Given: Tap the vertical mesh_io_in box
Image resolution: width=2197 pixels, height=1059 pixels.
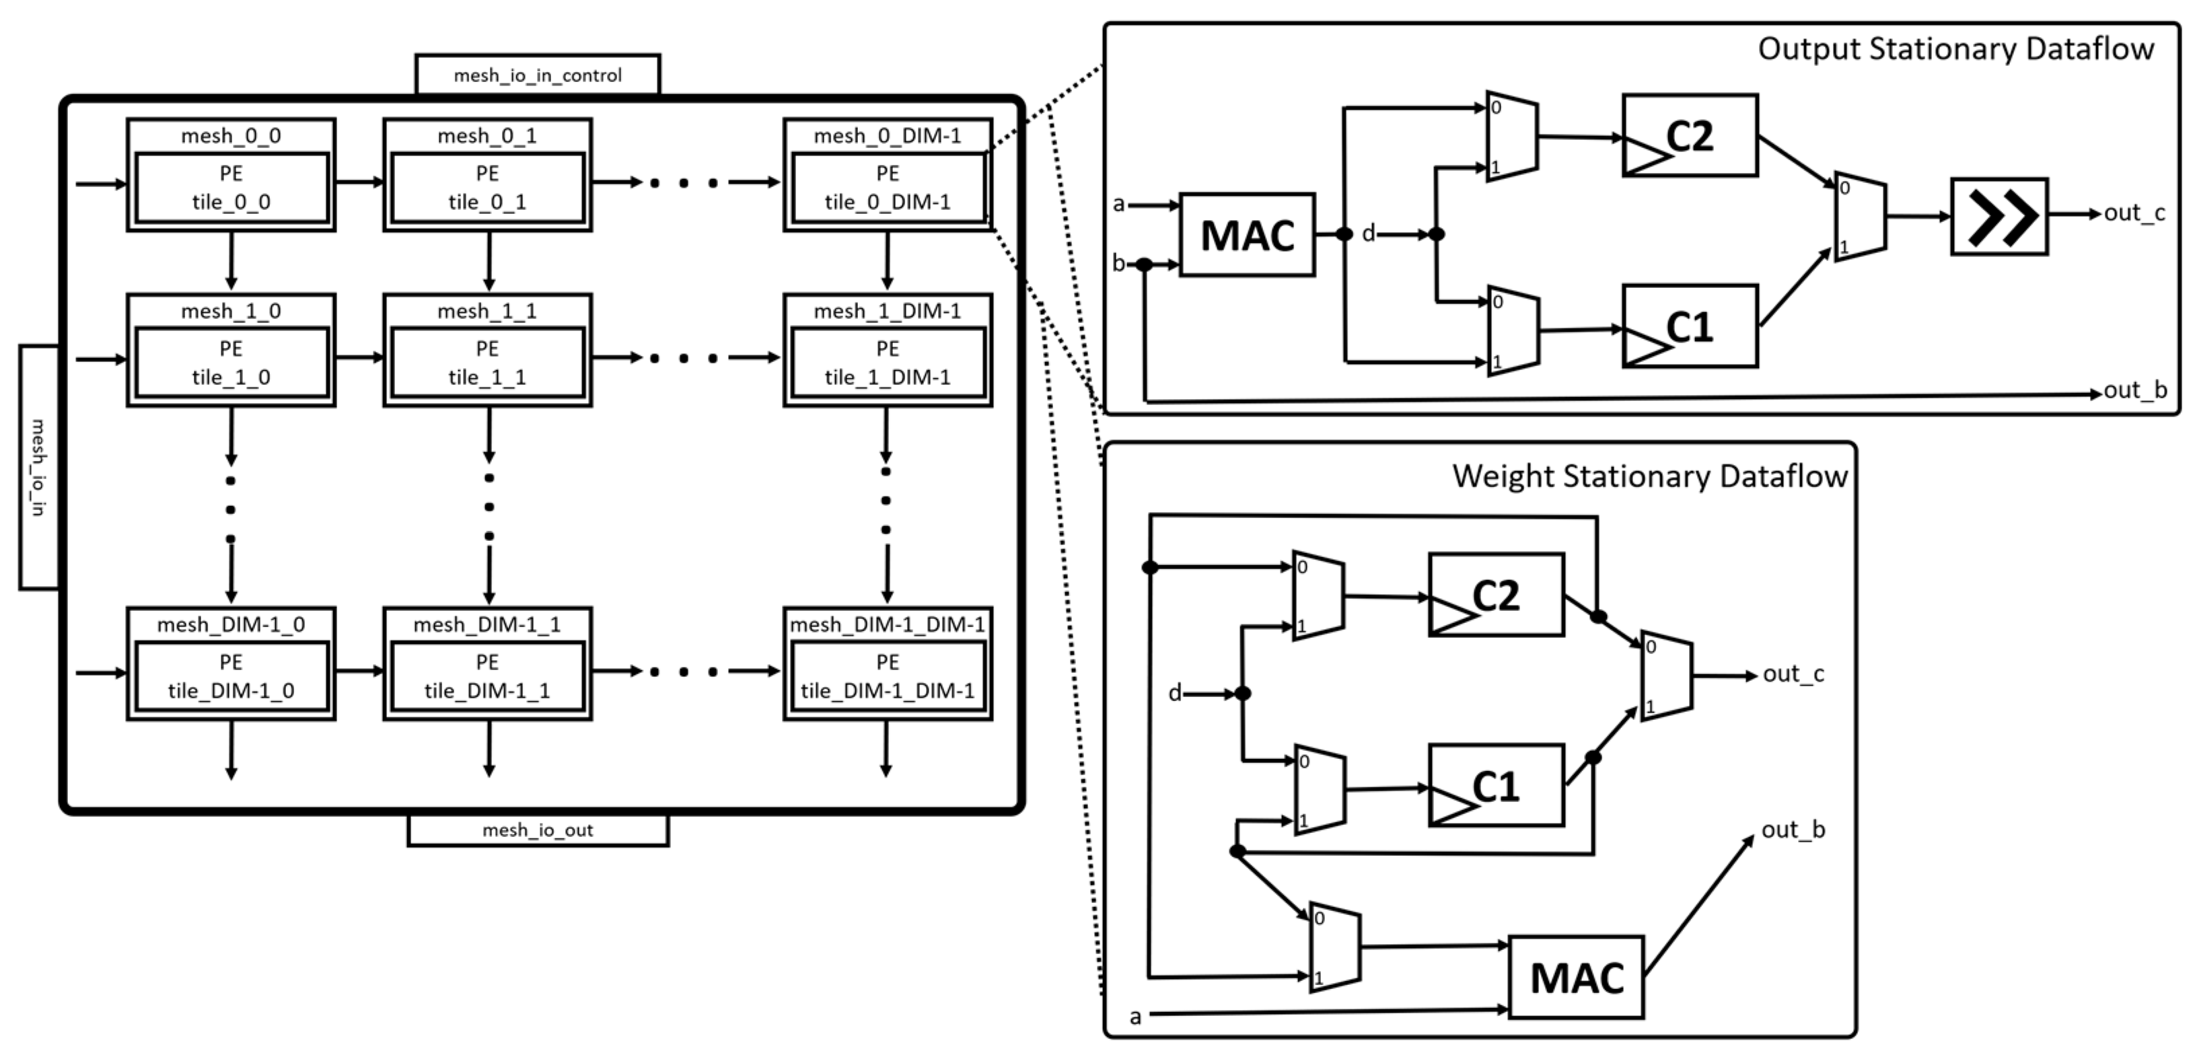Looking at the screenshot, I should pyautogui.click(x=38, y=466).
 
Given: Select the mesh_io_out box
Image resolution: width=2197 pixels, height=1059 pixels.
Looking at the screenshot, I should pyautogui.click(x=538, y=830).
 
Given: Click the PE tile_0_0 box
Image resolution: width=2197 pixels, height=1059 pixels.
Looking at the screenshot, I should pyautogui.click(x=231, y=188).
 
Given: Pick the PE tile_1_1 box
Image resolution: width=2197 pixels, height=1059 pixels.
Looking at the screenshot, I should pyautogui.click(x=487, y=363).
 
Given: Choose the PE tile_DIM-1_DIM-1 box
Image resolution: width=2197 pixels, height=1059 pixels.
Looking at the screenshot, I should pyautogui.click(x=887, y=676).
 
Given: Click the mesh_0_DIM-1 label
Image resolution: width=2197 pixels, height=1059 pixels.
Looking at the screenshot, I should pyautogui.click(x=887, y=136).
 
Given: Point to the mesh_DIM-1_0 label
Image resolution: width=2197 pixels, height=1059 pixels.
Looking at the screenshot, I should pyautogui.click(x=231, y=624).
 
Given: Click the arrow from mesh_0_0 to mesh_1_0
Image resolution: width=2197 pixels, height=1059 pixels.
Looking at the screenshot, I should pyautogui.click(x=231, y=260).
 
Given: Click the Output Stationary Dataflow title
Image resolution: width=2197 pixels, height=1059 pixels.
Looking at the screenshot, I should pyautogui.click(x=1955, y=48).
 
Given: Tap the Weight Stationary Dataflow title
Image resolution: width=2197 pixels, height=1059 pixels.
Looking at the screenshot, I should pyautogui.click(x=1649, y=476).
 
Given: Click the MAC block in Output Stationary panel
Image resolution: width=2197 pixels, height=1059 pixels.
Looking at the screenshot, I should pyautogui.click(x=1247, y=235).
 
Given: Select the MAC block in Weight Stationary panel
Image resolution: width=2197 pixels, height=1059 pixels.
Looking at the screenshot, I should pyautogui.click(x=1576, y=977).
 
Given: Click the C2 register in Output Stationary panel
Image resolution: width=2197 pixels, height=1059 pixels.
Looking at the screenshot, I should pyautogui.click(x=1690, y=136).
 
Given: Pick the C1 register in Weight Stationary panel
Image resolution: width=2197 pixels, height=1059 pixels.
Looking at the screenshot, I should pyautogui.click(x=1496, y=785).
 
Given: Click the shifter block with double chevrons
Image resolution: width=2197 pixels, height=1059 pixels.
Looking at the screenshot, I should pyautogui.click(x=1999, y=217).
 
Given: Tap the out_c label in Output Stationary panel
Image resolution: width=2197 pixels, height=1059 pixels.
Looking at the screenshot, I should pyautogui.click(x=2134, y=213).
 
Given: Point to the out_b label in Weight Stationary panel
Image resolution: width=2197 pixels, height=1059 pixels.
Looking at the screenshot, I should pyautogui.click(x=1793, y=830).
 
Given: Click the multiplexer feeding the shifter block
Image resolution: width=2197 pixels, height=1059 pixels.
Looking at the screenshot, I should pyautogui.click(x=1860, y=219).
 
